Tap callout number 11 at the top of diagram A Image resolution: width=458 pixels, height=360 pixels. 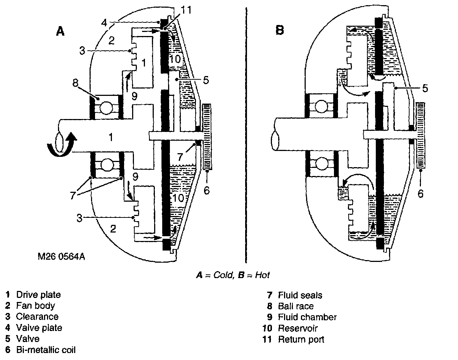click(186, 10)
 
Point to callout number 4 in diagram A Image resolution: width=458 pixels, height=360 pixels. click(104, 23)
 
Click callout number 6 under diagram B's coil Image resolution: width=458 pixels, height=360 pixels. click(421, 192)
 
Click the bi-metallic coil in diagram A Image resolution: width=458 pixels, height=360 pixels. click(207, 137)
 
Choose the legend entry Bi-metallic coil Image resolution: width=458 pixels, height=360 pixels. click(46, 350)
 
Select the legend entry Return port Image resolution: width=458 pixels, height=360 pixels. click(301, 339)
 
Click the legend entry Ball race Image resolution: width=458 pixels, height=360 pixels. click(296, 306)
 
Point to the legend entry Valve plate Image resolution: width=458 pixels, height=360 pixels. click(39, 328)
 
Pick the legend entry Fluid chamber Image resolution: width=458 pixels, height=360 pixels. click(307, 317)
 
